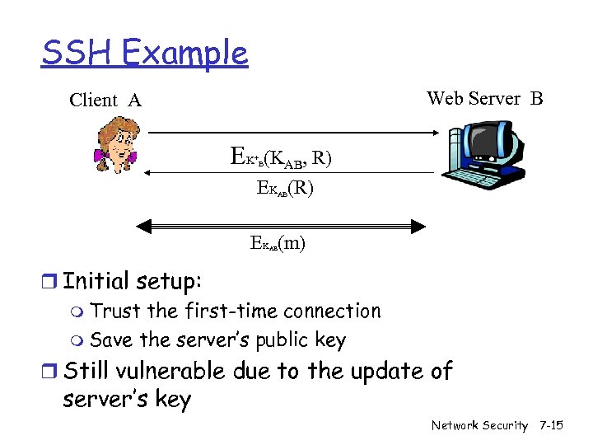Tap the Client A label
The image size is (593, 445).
click(105, 101)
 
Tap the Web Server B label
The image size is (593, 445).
click(484, 99)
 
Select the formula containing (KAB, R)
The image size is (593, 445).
click(282, 157)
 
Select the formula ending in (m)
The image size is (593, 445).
click(278, 244)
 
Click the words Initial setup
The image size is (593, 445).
click(132, 281)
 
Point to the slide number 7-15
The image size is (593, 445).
click(550, 425)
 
